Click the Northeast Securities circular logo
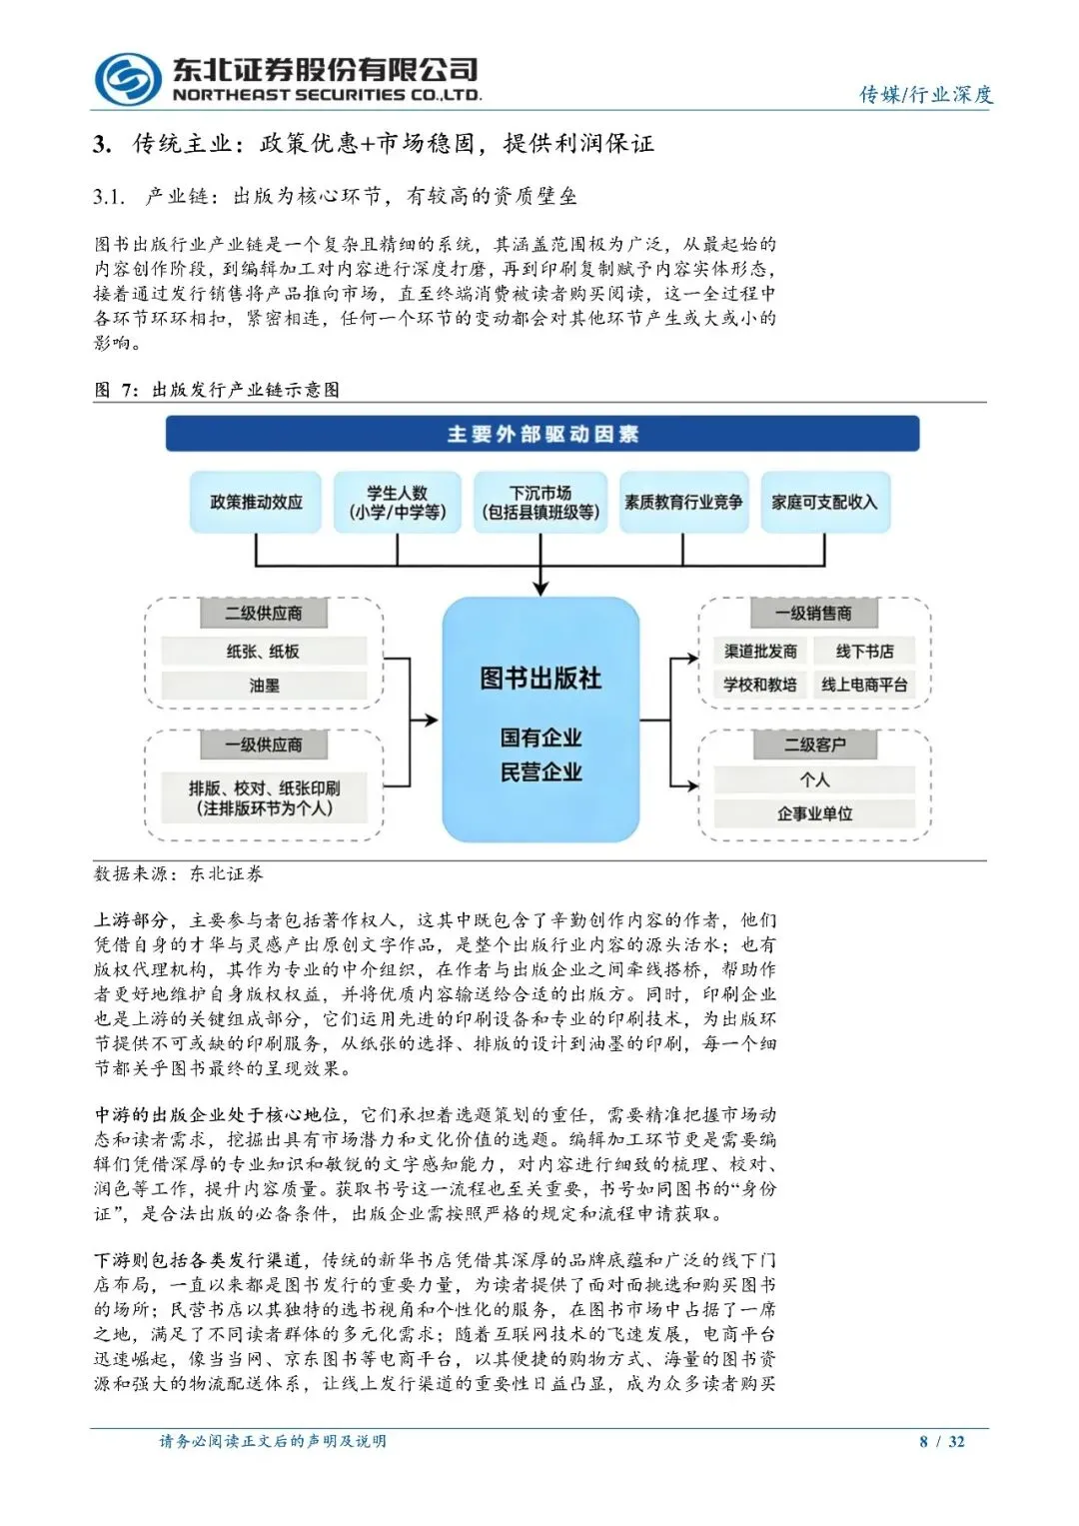128,79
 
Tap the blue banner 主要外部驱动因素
541,434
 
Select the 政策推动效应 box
257,502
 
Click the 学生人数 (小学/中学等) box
397,502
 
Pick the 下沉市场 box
540,502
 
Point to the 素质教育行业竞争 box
683,502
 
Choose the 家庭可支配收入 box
824,502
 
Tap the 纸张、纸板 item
264,652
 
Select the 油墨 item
264,686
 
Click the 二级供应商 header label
264,613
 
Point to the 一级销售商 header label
813,613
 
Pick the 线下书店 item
865,652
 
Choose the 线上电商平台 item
865,685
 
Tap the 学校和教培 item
760,685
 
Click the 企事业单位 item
814,813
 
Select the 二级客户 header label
814,745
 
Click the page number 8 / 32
942,1441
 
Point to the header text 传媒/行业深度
926,94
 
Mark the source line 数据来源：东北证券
179,874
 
